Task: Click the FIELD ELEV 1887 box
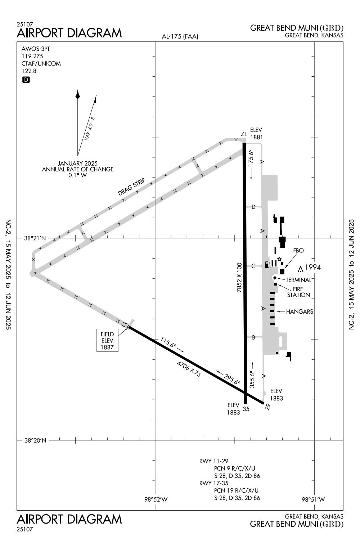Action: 107,340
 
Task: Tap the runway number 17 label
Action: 243,134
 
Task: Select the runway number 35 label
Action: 246,409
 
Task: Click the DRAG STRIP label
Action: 131,187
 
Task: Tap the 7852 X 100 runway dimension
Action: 239,278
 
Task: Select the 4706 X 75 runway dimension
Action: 189,369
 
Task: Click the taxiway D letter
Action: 253,207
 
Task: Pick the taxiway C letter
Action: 253,266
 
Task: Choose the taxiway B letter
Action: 253,338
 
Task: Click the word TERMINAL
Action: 298,280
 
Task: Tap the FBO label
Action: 298,250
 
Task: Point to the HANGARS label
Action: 300,312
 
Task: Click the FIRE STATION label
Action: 298,292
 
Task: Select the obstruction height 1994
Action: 313,267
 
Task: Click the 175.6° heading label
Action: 251,158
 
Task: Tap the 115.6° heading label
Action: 168,342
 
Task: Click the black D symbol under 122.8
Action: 26,80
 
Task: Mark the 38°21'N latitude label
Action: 35,238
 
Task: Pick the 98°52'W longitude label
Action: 156,499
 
